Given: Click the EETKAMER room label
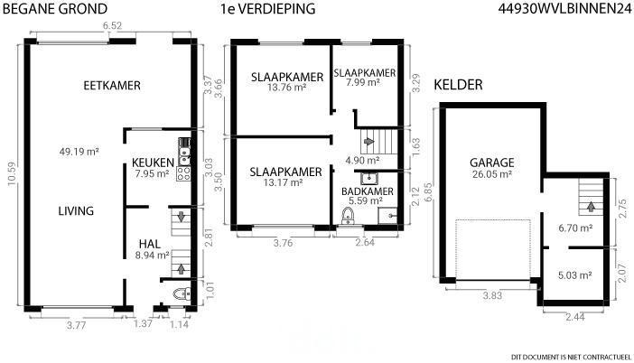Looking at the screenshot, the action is [112, 86].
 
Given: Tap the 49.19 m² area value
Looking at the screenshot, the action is [79, 152].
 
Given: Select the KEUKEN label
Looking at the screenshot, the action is [153, 163].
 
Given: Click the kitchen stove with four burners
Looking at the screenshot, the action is [183, 173].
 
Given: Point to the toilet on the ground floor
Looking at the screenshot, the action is [182, 293].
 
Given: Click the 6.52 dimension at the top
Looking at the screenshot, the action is [112, 26].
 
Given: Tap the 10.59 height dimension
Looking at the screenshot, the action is [12, 173].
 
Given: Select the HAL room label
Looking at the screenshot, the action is [150, 244].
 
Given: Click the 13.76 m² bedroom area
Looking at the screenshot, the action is [286, 87].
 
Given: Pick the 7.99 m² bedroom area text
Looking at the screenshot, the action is [363, 82].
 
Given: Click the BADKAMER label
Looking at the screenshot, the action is [368, 191].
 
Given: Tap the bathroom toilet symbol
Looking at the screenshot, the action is [348, 216].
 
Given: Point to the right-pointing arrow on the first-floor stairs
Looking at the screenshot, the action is [368, 142].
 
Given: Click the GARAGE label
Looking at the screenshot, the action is [492, 163].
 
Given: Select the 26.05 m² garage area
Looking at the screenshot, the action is [492, 174].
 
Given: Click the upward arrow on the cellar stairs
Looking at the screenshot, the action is [591, 207].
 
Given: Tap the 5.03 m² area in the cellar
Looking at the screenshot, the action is [575, 275].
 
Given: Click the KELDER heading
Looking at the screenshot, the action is [458, 85].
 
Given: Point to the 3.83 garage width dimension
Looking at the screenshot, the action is [492, 295].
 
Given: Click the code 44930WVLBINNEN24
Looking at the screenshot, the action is [564, 9].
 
